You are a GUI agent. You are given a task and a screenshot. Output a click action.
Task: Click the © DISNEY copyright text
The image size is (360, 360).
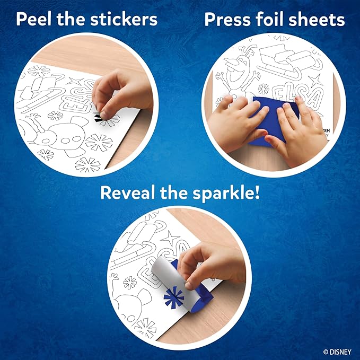coord(336,350)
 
